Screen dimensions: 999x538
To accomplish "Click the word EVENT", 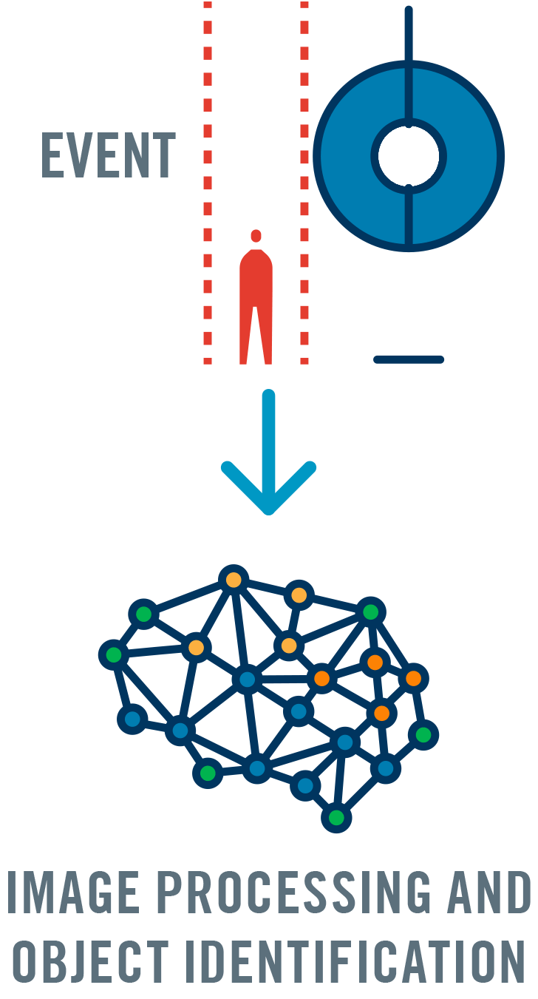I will point(108,155).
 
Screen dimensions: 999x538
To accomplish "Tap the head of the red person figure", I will point(256,236).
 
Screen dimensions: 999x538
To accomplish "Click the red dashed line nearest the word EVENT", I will point(208,185).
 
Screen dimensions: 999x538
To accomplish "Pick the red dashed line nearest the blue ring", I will point(304,185).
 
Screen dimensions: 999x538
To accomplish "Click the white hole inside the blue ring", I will point(409,156).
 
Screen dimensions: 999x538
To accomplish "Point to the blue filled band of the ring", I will point(347,156).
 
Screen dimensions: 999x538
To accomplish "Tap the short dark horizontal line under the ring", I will point(409,359).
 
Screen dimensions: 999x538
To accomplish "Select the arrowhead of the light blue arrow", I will point(269,498).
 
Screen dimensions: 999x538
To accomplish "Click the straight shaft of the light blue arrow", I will point(269,436).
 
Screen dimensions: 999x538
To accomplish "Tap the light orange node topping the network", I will point(234,580).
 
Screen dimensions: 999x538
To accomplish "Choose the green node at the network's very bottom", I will point(336,817).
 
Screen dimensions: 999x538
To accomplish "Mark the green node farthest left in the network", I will point(114,654).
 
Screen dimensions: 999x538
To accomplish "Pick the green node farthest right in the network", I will point(423,734).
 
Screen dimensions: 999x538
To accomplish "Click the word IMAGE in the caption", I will point(71,892).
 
